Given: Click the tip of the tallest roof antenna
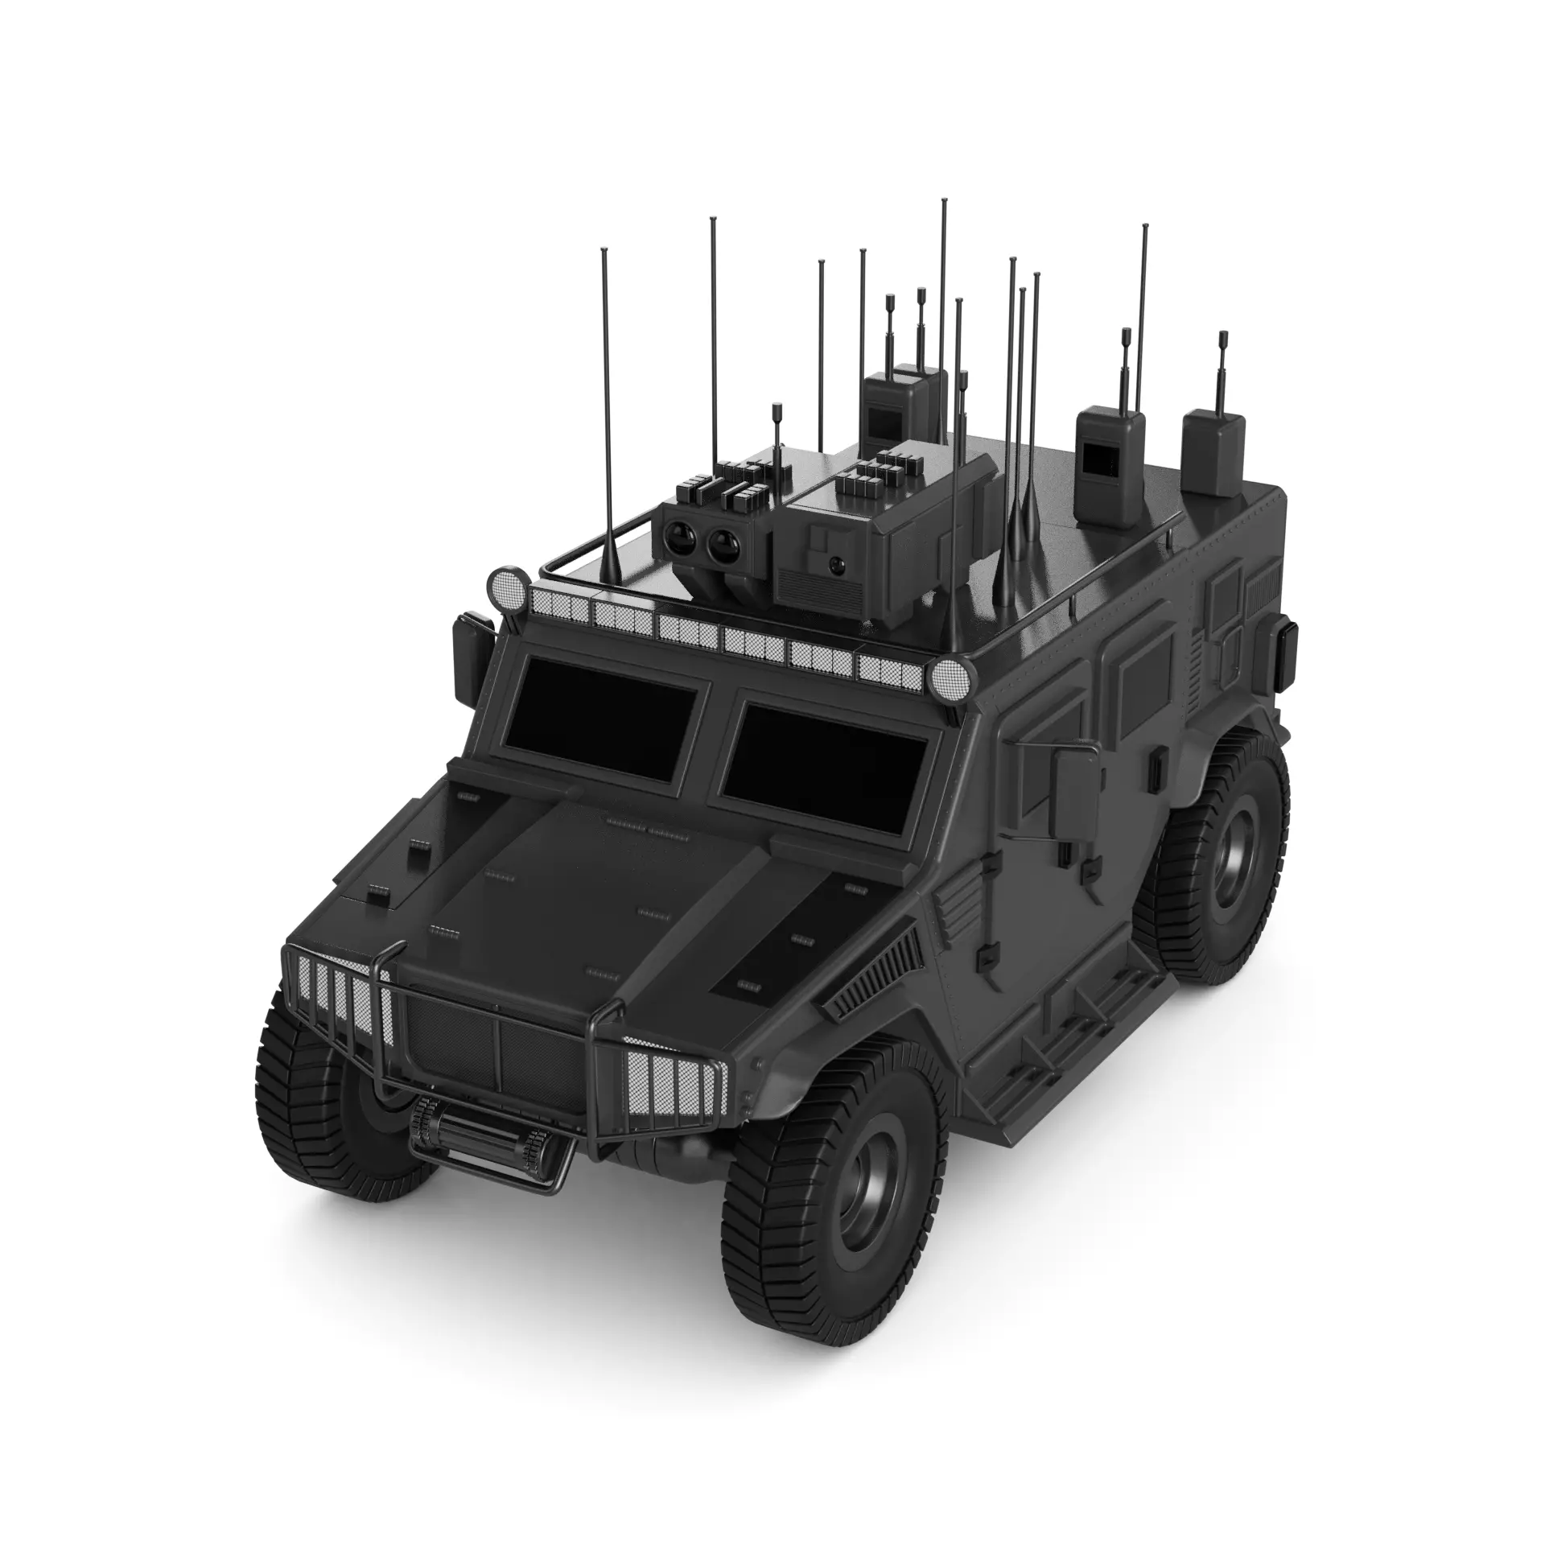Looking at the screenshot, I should point(944,199).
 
